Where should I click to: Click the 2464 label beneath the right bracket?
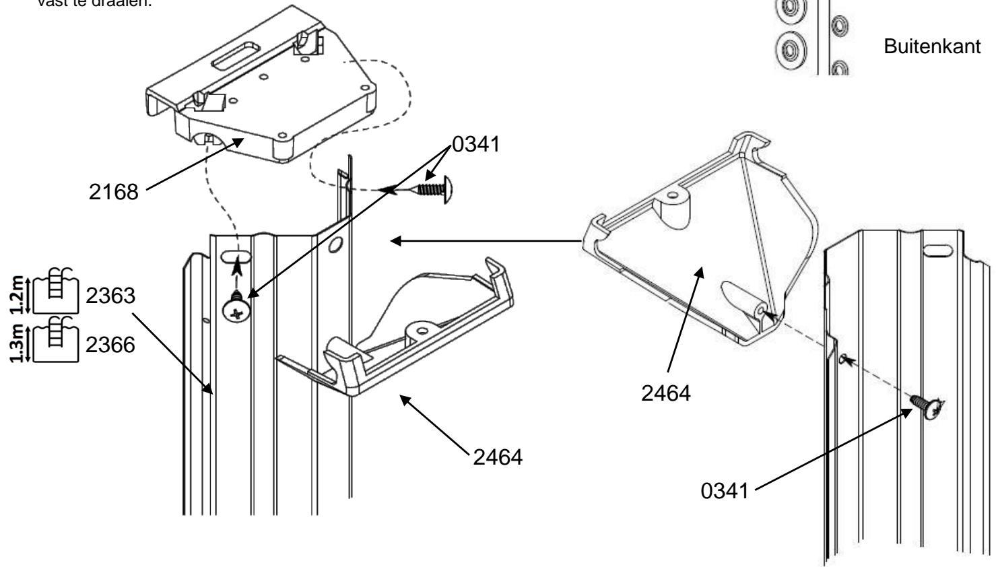[x=666, y=392]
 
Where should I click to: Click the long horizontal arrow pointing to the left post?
[x=485, y=240]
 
